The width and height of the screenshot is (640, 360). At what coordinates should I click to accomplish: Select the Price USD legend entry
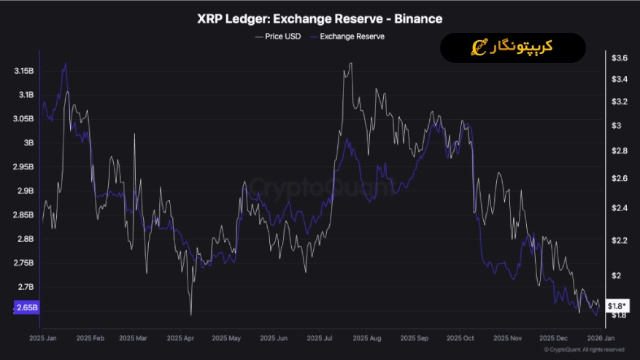click(278, 36)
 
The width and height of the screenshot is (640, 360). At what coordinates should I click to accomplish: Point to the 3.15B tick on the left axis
click(24, 71)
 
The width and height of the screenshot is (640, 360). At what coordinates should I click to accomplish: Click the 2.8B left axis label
click(26, 239)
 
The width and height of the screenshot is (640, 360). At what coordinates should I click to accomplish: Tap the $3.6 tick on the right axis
click(620, 58)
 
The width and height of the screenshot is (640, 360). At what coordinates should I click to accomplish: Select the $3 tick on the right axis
click(617, 126)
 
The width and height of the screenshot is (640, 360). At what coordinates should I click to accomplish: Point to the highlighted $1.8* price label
click(617, 305)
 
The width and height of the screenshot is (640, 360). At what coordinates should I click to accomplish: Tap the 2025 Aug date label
click(366, 338)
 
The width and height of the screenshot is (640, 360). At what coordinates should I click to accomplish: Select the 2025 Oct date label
click(460, 338)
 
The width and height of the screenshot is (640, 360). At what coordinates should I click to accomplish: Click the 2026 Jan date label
click(601, 338)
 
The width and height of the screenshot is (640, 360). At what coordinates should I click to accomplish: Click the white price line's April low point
click(190, 315)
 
